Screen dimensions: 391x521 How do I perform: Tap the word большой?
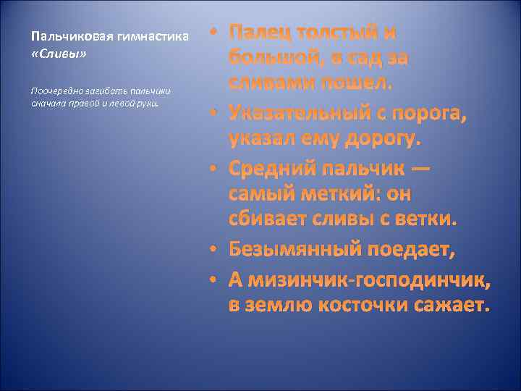(271, 57)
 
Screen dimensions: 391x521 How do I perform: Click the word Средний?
(266, 169)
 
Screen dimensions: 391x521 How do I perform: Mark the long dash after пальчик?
(419, 169)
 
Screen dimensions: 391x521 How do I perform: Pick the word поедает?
(408, 250)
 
